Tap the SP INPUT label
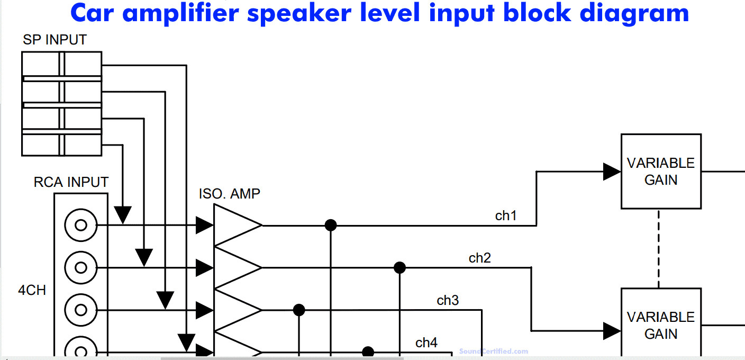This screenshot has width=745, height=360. [54, 40]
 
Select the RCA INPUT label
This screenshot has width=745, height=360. [71, 182]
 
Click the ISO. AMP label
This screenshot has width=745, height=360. [230, 194]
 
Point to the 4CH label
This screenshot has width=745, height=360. [32, 290]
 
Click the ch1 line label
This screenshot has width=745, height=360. [506, 215]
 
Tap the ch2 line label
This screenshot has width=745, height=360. [479, 258]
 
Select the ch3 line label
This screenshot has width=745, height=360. [448, 300]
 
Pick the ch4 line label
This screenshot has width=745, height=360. [426, 343]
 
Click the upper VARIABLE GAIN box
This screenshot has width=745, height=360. [661, 171]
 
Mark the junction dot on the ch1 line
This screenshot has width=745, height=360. [331, 226]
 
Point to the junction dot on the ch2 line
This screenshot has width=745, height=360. [399, 267]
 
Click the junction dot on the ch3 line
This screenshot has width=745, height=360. [299, 310]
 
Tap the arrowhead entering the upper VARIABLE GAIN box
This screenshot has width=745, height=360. [612, 172]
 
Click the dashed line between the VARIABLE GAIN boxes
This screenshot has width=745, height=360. [659, 249]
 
